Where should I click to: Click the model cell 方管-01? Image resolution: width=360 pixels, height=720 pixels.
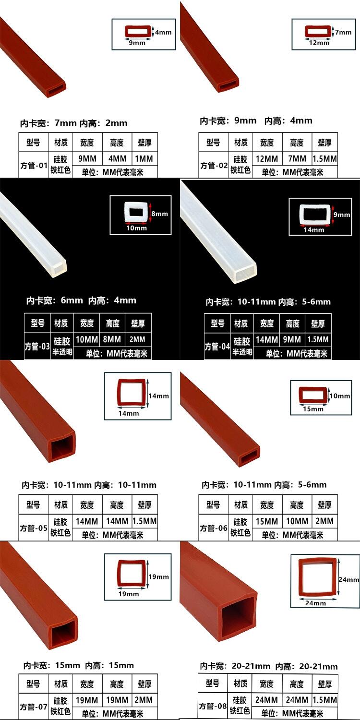[x=34, y=166]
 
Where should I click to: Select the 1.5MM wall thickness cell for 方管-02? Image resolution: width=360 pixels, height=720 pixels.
[x=324, y=159]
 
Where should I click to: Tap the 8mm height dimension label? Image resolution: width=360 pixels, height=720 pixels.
[x=160, y=214]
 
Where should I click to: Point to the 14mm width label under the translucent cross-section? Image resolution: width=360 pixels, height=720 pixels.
[x=314, y=230]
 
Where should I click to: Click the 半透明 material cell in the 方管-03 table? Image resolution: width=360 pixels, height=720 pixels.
[x=62, y=352]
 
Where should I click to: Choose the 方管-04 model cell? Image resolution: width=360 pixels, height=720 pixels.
[x=217, y=346]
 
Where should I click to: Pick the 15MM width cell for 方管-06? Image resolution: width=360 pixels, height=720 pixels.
[x=267, y=521]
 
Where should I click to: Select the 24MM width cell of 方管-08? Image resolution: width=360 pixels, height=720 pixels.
[x=266, y=700]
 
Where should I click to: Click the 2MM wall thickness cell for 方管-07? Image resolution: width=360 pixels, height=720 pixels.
[x=144, y=700]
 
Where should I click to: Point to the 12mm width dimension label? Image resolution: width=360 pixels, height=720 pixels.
[x=319, y=43]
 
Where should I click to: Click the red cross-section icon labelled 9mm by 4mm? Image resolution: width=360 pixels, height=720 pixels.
[x=138, y=32]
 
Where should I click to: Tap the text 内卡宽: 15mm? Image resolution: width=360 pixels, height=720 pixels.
[x=51, y=665]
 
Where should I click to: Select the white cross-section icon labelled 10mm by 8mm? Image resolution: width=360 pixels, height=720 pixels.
[x=136, y=212]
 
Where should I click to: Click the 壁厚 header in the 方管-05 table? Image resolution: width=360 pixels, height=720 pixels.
[x=144, y=505]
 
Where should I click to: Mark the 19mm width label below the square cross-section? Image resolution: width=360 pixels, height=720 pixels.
[x=129, y=594]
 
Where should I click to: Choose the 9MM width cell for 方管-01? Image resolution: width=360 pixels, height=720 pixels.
[x=87, y=159]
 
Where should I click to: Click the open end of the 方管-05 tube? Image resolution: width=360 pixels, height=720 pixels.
[x=61, y=447]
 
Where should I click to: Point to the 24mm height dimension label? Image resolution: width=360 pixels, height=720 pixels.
[x=348, y=579]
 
